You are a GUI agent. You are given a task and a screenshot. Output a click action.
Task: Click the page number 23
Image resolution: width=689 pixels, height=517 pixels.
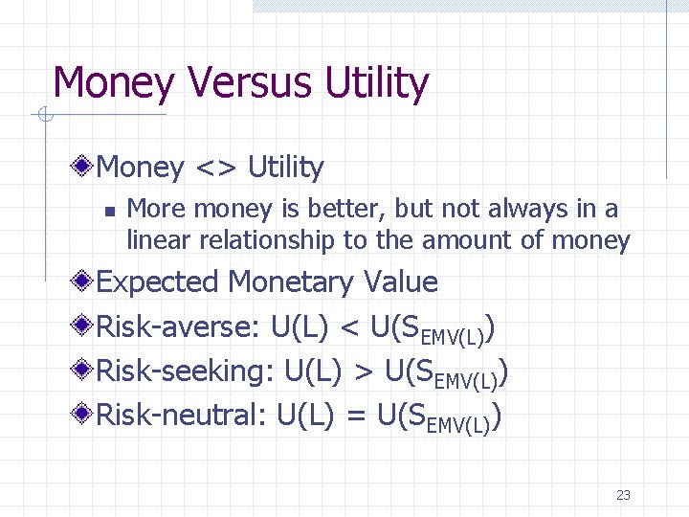coord(623,495)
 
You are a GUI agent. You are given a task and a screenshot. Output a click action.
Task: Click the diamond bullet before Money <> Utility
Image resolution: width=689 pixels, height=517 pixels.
coord(84,168)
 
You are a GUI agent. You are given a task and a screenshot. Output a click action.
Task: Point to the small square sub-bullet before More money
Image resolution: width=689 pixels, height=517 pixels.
coord(110,210)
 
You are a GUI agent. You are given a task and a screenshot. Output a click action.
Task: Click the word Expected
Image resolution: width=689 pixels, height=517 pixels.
coord(158,282)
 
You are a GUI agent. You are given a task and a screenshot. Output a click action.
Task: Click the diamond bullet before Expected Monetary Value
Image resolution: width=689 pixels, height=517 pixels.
coord(84,282)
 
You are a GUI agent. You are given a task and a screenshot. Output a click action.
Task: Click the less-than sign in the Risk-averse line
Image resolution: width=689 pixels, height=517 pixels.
coord(349,328)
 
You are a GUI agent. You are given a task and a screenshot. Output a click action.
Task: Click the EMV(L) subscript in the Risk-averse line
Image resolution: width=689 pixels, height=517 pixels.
coord(455,336)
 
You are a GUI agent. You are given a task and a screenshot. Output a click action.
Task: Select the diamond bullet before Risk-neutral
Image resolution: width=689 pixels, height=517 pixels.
coord(84,416)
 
